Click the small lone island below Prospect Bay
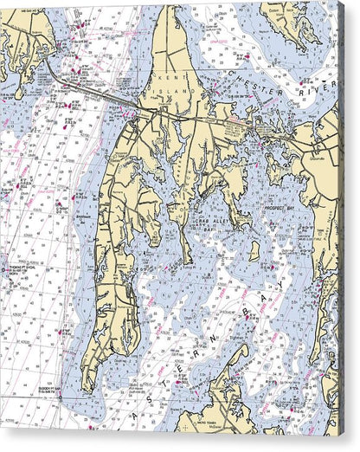click(x=254, y=251)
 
